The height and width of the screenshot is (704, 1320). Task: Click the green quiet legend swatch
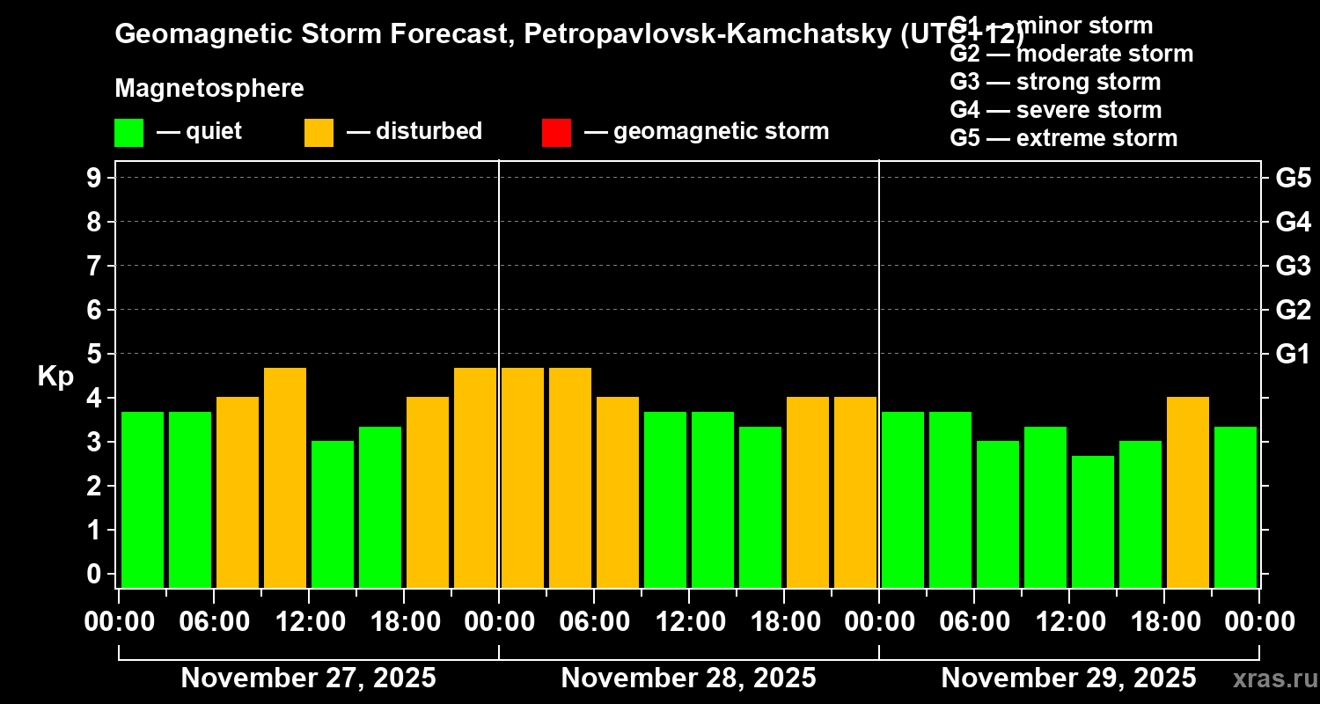point(128,133)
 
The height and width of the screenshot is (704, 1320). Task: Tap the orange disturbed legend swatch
point(319,133)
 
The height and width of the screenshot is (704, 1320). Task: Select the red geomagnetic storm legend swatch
point(556,133)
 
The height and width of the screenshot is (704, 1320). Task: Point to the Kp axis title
point(55,377)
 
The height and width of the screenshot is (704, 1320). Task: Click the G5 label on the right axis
point(1293,178)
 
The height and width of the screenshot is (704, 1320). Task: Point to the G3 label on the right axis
point(1293,266)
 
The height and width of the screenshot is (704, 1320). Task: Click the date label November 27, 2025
point(308,678)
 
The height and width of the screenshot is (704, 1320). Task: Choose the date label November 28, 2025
point(688,678)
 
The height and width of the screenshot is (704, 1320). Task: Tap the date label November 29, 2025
point(1068,678)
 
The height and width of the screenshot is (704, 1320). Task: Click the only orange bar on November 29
point(1188,493)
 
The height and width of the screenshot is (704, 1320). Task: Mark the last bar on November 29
point(1236,507)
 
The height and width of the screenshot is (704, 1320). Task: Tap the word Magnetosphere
point(209,89)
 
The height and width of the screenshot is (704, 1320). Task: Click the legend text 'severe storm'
point(1089,110)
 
